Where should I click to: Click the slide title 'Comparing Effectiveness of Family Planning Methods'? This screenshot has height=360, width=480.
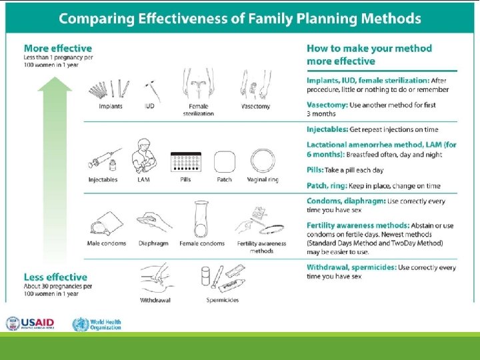[x=240, y=18]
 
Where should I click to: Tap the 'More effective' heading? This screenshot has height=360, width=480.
[x=58, y=48]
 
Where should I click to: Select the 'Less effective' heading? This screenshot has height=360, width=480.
[x=55, y=277]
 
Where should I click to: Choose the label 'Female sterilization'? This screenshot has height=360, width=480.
[x=199, y=109]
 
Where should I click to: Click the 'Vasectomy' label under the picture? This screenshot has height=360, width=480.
[x=256, y=106]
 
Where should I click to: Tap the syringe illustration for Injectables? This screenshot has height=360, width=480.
[x=104, y=160]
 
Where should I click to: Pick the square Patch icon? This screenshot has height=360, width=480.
[x=225, y=162]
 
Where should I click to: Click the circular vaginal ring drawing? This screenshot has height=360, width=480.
[x=262, y=161]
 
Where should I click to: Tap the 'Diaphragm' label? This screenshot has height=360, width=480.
[x=154, y=243]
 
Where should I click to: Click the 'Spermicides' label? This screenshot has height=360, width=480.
[x=223, y=300]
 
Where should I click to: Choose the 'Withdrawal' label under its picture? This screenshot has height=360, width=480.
[x=155, y=300]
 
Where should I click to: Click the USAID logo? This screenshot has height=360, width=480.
[x=31, y=324]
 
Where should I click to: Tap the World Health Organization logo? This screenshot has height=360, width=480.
[x=97, y=324]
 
